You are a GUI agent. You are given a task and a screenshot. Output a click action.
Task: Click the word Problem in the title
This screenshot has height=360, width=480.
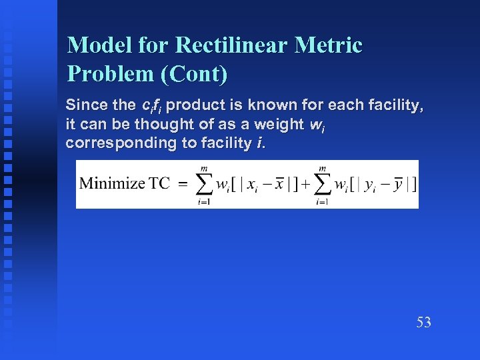pos(111,73)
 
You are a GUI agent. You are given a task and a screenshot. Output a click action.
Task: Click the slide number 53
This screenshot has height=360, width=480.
pos(424,323)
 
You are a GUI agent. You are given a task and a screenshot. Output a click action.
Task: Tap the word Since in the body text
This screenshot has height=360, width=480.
pos(83,106)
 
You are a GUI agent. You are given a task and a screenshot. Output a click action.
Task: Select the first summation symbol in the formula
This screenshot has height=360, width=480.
pos(206,183)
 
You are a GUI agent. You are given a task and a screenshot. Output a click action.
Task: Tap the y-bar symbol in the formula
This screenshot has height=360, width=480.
pos(399,183)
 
